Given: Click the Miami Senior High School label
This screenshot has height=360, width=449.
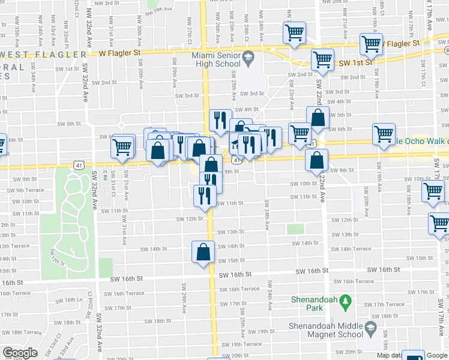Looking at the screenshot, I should click(x=215, y=59).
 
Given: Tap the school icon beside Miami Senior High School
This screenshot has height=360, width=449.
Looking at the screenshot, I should click(x=247, y=59).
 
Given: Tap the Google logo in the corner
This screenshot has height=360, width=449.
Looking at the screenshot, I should click(x=20, y=353).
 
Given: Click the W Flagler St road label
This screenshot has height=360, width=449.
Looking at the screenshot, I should click(x=119, y=53).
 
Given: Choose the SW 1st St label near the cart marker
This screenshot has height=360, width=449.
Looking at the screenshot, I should click(x=355, y=62).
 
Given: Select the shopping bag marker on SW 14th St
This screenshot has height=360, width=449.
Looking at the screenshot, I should click(x=203, y=253).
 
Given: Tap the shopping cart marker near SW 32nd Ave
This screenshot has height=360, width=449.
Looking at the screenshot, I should click(x=123, y=146).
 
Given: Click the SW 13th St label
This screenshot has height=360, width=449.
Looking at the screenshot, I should click(x=231, y=232).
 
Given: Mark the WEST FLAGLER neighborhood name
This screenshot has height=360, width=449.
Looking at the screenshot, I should click(x=42, y=55).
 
